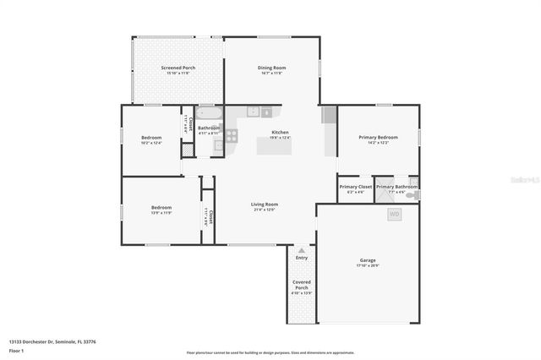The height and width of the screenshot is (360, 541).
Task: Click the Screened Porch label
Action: point(178,68)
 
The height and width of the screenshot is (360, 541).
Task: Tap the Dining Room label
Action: point(271,68)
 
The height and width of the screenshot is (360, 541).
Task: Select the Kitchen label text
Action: point(280,133)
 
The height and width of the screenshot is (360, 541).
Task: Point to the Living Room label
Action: point(265,204)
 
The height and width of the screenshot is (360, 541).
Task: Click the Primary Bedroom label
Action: point(378,137)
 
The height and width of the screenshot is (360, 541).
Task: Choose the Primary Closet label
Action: point(355,187)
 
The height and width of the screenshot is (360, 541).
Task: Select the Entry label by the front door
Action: point(302,257)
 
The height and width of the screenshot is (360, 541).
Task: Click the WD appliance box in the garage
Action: point(395,215)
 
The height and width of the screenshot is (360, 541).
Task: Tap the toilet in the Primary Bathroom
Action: point(411,195)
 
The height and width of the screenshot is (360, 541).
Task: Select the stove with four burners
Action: point(231,135)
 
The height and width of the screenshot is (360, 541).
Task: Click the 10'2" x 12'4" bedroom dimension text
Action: point(150,143)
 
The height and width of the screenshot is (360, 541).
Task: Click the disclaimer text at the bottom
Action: point(271,352)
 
